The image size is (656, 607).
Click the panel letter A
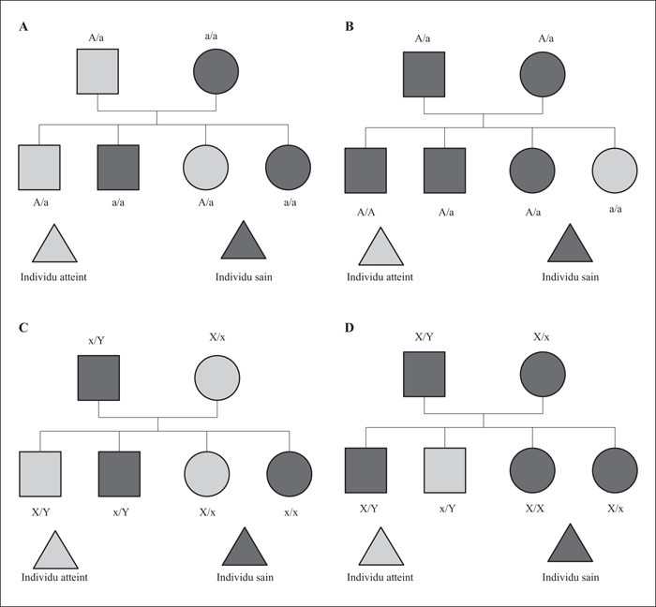[x=23, y=27]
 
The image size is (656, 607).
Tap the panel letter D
[x=350, y=328]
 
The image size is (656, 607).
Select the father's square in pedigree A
[x=97, y=71]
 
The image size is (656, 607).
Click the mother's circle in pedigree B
[x=543, y=75]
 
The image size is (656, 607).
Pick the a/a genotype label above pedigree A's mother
[x=211, y=36]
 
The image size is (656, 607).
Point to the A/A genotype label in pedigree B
[x=366, y=213]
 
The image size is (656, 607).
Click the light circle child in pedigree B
[x=615, y=170]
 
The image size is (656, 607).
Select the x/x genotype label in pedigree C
[x=291, y=512]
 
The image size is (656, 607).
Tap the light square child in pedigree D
[x=445, y=470]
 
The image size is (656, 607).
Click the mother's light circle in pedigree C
[x=217, y=378]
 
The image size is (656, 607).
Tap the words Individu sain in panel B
[x=570, y=277]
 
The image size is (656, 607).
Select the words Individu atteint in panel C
[x=54, y=577]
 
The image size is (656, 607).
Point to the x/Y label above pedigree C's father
[x=97, y=341]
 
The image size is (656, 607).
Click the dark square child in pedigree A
[x=118, y=168]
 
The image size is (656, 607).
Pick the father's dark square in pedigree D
[x=425, y=374]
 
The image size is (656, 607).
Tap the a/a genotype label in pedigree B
[x=616, y=209]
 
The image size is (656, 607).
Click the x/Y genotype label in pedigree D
[x=447, y=509]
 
